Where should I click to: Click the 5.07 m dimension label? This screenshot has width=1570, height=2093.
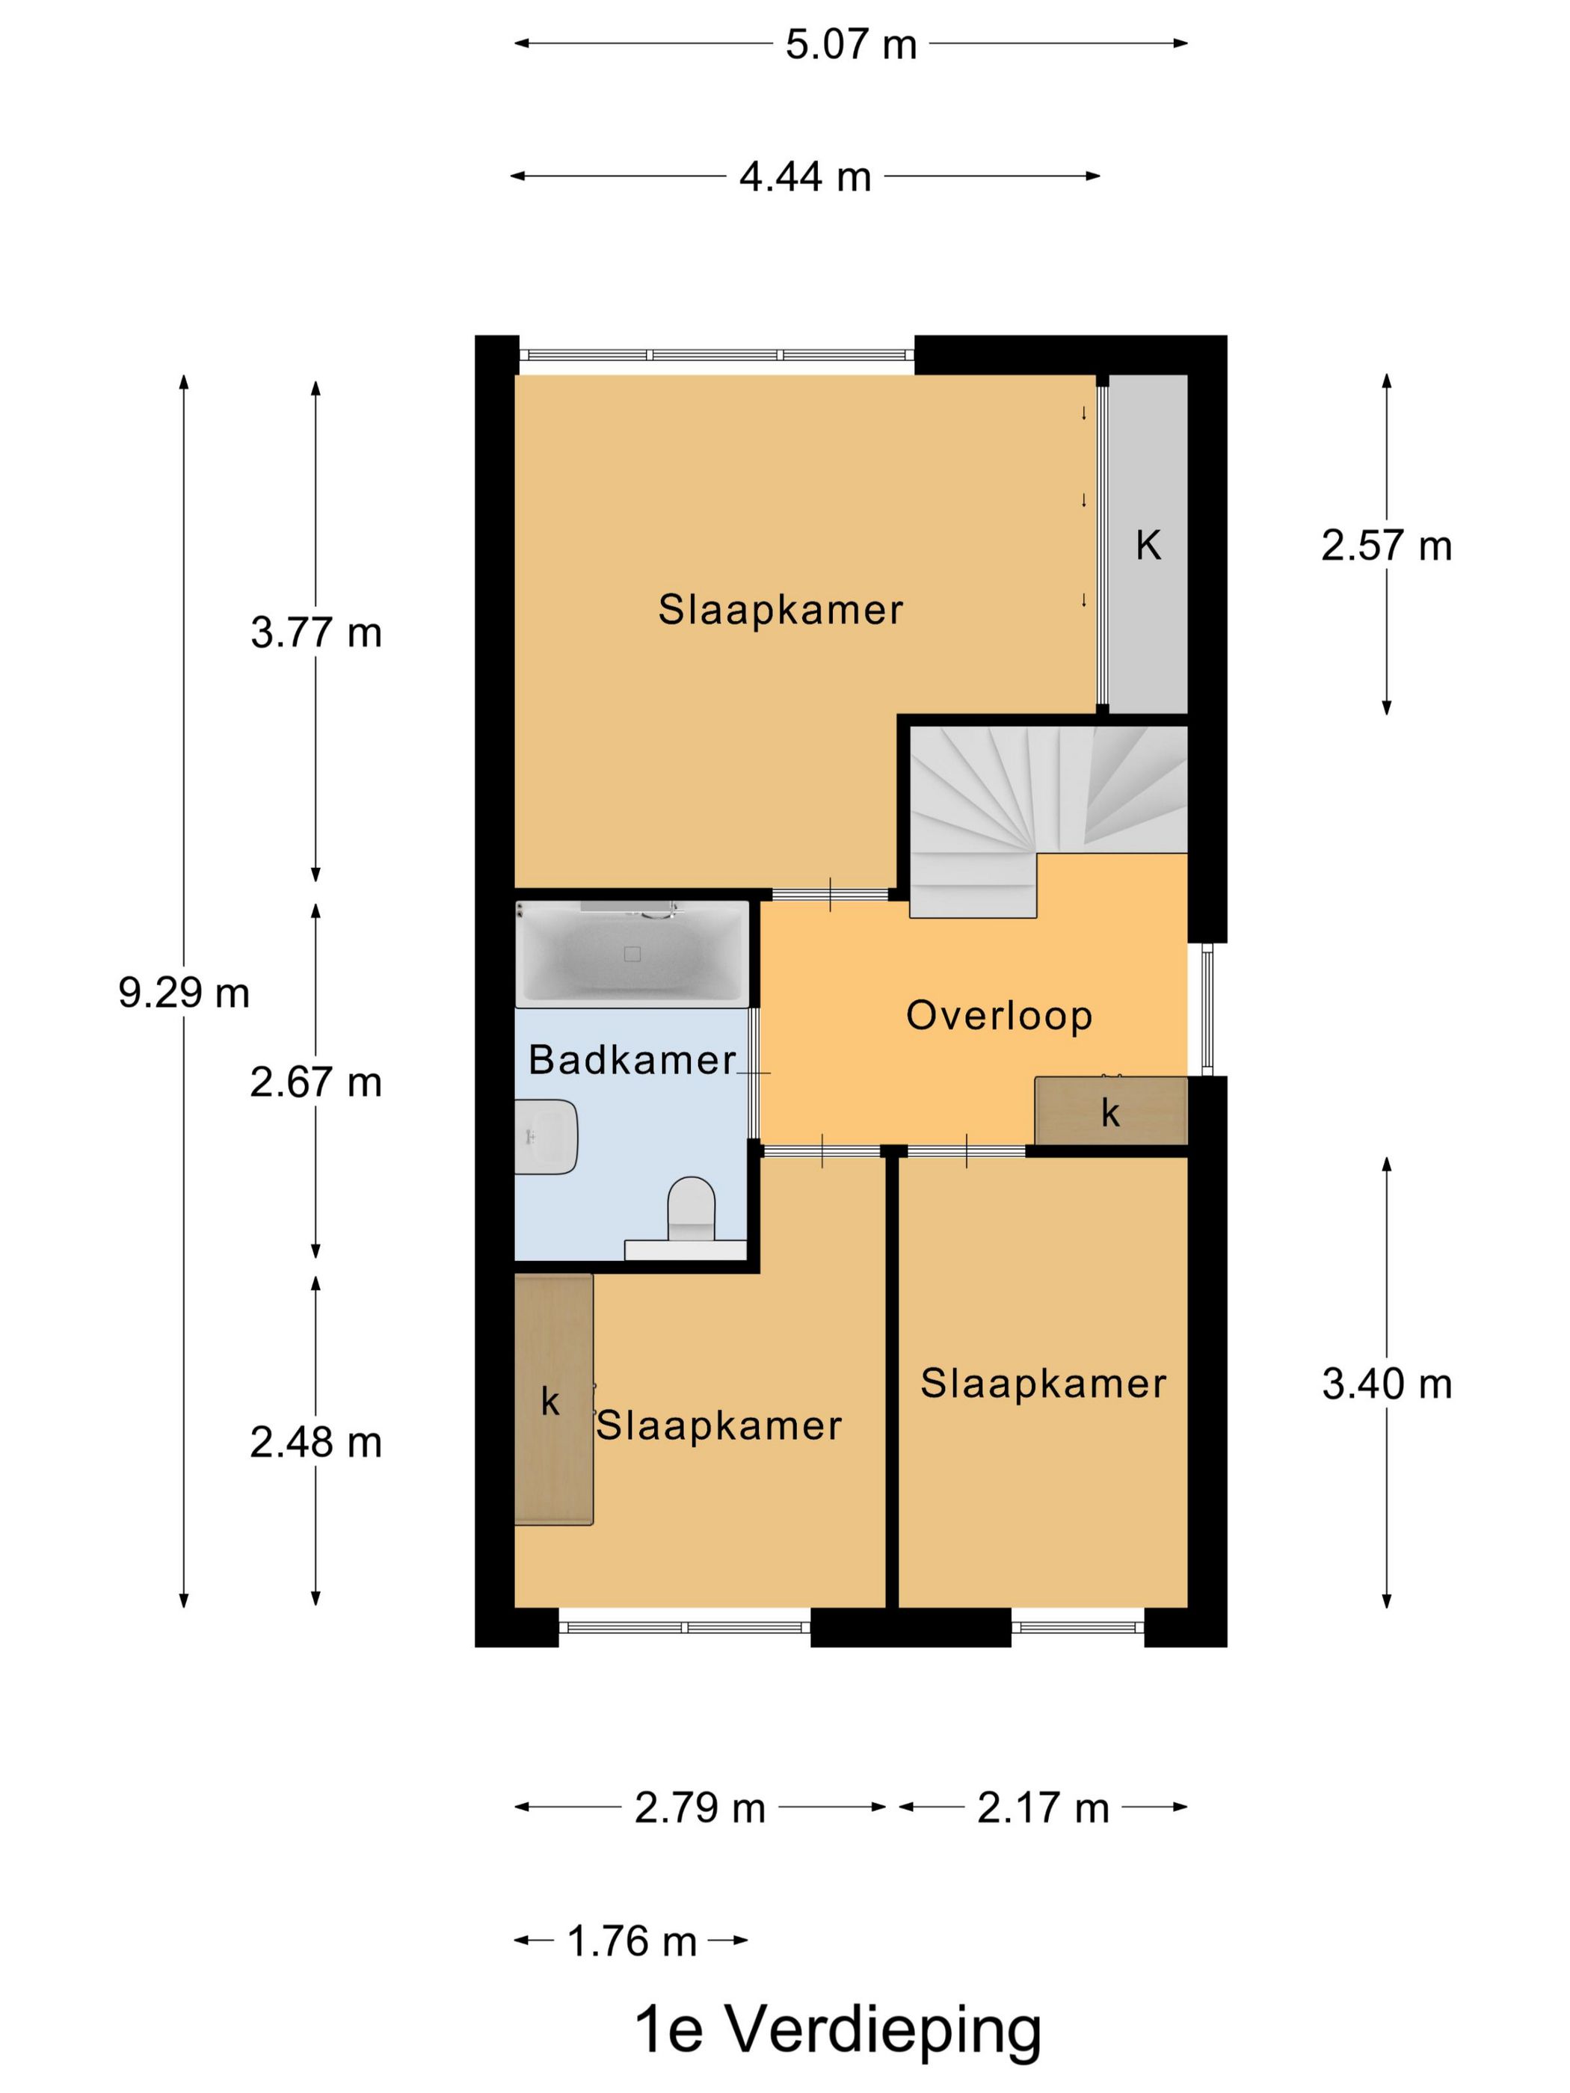(x=851, y=44)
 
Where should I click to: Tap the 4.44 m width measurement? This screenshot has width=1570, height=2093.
(x=804, y=177)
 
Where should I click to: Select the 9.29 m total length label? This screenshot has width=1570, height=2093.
(x=184, y=993)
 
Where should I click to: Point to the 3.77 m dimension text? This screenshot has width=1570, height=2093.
(x=316, y=633)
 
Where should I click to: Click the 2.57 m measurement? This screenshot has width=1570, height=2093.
(x=1386, y=546)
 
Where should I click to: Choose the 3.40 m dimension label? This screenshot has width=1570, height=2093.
(x=1386, y=1384)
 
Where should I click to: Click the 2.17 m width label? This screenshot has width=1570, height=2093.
(x=1043, y=1808)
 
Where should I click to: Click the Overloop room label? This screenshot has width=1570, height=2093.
(x=1000, y=1015)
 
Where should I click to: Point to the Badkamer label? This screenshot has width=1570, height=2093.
(x=632, y=1060)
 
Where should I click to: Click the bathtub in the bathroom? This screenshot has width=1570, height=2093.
(x=632, y=954)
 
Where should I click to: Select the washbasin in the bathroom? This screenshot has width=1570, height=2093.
(x=546, y=1136)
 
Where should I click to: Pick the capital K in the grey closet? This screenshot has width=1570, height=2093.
(x=1148, y=545)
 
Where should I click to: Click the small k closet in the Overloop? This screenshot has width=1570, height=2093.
(x=1111, y=1111)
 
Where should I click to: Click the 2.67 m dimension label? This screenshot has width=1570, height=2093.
(x=316, y=1082)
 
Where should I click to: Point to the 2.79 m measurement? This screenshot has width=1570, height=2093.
(x=699, y=1808)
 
